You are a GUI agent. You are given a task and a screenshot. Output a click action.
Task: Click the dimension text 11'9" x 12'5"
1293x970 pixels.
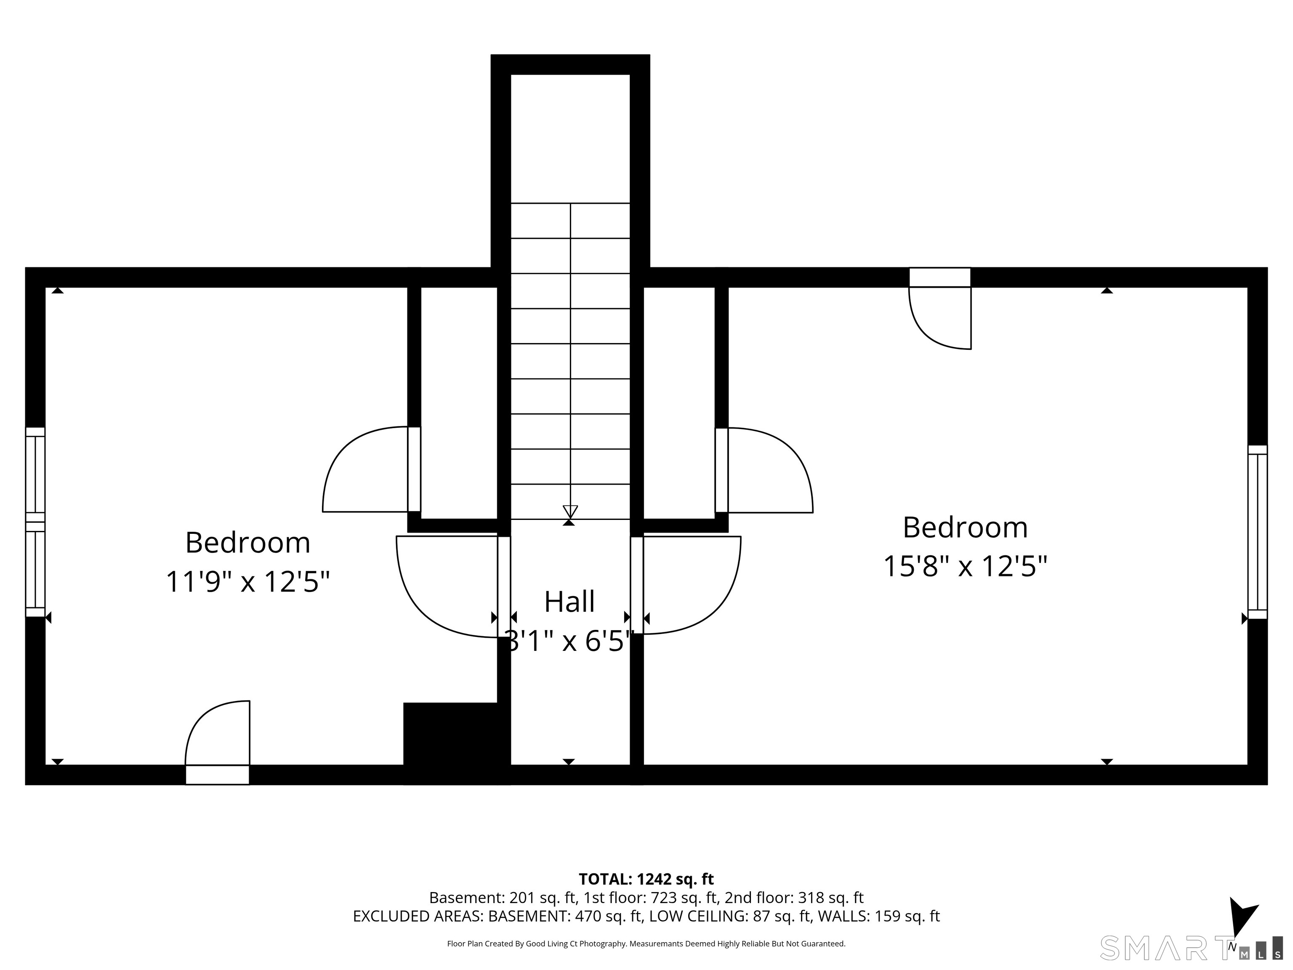click(x=248, y=582)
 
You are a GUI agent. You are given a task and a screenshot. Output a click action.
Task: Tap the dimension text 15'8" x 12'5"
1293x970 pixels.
click(x=965, y=566)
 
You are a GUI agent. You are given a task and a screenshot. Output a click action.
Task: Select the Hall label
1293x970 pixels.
click(x=569, y=602)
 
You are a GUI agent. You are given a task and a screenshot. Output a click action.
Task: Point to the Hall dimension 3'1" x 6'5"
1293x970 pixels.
click(x=569, y=641)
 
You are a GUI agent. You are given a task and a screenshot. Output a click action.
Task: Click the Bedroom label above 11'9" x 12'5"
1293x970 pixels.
click(x=248, y=543)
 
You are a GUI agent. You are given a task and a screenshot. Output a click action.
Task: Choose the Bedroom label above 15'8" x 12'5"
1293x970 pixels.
click(x=965, y=528)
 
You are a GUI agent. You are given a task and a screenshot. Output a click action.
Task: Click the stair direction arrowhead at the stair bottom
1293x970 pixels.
click(x=570, y=512)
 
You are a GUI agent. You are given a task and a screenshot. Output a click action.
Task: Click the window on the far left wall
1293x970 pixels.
click(x=35, y=522)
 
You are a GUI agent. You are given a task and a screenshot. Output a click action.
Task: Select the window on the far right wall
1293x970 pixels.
click(x=1257, y=532)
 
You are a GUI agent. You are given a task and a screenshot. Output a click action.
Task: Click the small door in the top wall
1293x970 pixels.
click(x=940, y=309)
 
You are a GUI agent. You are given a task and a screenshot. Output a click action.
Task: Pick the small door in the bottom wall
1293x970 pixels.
click(x=218, y=743)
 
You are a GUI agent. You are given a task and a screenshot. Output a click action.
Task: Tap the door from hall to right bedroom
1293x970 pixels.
click(x=686, y=585)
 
